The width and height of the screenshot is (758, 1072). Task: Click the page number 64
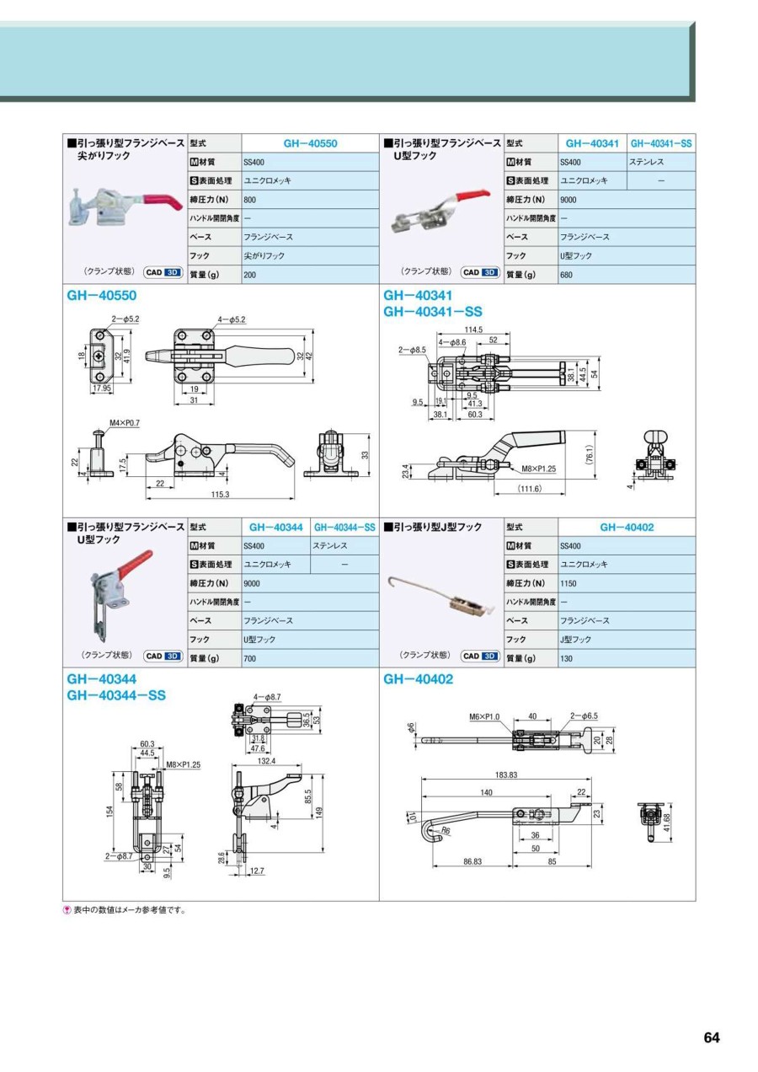point(712,1037)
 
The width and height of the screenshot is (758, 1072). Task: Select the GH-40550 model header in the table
point(310,144)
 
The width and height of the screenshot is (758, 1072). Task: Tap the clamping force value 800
point(249,201)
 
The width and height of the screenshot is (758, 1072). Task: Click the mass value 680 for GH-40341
point(567,274)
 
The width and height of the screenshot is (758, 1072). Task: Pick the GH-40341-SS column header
point(661,144)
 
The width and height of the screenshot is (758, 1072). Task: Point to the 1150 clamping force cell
point(568,583)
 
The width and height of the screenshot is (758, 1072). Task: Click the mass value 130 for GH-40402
point(567,658)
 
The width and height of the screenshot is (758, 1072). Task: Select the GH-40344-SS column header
point(344,528)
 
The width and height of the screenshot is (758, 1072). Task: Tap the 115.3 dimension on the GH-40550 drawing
point(222,494)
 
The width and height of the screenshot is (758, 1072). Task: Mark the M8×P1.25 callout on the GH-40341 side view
point(539,469)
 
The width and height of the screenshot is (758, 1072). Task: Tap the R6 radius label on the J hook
point(446,831)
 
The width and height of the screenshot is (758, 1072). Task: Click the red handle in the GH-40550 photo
point(160,203)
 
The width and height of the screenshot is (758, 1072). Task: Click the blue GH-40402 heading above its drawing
point(418,679)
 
